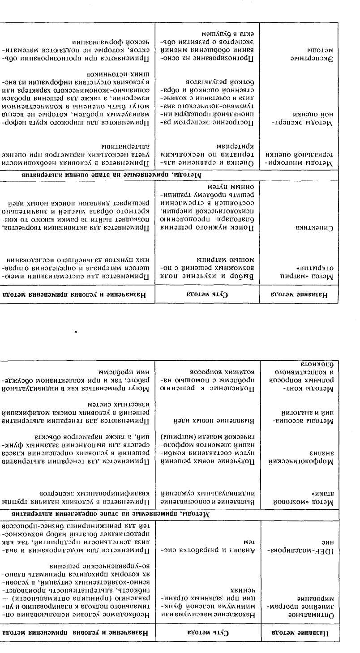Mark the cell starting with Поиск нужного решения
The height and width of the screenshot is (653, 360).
pos(206,209)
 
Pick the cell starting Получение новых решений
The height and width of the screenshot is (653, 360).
pos(206,452)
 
